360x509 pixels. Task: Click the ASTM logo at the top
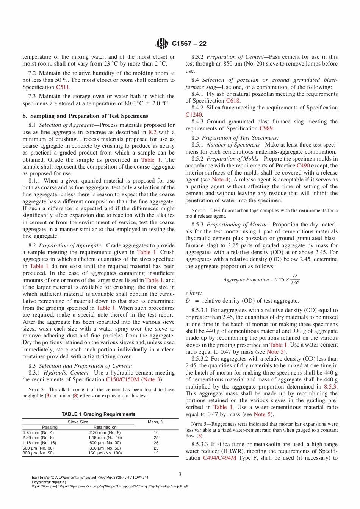pyautogui.click(x=162, y=44)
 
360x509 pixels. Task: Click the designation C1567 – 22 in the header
pyautogui.click(x=189, y=44)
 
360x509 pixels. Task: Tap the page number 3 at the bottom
pyautogui.click(x=180, y=474)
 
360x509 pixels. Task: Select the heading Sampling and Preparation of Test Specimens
pyautogui.click(x=85, y=116)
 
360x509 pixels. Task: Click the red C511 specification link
pyautogui.click(x=63, y=87)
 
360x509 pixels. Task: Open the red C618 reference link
pyautogui.click(x=233, y=101)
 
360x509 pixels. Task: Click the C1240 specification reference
pyautogui.click(x=194, y=115)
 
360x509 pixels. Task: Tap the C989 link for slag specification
pyautogui.click(x=266, y=128)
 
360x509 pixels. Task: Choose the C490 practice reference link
pyautogui.click(x=303, y=166)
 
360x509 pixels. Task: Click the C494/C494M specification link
pyautogui.click(x=219, y=458)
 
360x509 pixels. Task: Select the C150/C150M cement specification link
pyautogui.click(x=122, y=379)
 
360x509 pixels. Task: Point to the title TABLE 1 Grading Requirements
pyautogui.click(x=99, y=414)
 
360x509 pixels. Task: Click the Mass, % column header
pyautogui.click(x=156, y=422)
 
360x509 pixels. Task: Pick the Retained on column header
pyautogui.click(x=105, y=427)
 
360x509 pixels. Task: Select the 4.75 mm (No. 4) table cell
pyautogui.click(x=38, y=432)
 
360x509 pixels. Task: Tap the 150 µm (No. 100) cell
pyautogui.click(x=105, y=453)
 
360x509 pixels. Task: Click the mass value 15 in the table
pyautogui.click(x=156, y=453)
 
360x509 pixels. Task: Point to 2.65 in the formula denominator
pyautogui.click(x=295, y=283)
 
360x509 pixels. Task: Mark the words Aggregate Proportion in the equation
pyautogui.click(x=246, y=280)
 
